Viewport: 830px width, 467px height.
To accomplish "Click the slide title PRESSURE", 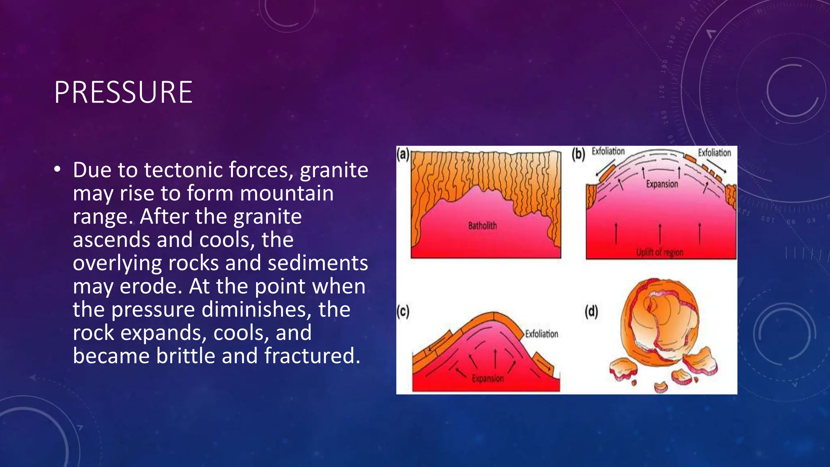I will [123, 92].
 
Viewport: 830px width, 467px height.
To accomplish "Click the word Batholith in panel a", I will [482, 225].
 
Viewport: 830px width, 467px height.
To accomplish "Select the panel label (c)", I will [403, 311].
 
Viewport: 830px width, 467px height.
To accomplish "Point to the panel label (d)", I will [591, 311].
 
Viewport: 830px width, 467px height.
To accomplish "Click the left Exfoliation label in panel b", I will [608, 151].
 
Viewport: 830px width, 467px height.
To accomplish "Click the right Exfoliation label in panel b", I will [714, 153].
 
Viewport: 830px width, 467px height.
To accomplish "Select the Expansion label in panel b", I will [662, 184].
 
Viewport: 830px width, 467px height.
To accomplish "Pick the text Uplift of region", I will [659, 252].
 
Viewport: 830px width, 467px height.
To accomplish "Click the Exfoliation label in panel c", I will [541, 334].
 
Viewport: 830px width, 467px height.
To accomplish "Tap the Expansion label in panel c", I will [488, 379].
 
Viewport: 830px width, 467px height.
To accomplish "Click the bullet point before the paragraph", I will [58, 170].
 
